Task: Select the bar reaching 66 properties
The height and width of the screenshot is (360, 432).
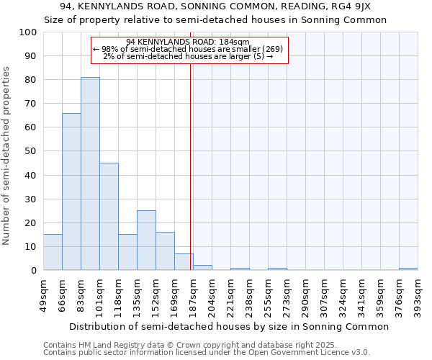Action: pyautogui.click(x=71, y=192)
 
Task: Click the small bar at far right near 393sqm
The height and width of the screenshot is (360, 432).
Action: pyautogui.click(x=408, y=269)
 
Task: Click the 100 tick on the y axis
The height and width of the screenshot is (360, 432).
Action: pyautogui.click(x=28, y=32)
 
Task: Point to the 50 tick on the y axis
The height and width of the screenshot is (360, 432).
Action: pyautogui.click(x=30, y=151)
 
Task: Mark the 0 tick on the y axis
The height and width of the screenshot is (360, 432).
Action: pyautogui.click(x=33, y=270)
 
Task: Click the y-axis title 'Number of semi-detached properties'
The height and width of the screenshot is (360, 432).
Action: pyautogui.click(x=7, y=155)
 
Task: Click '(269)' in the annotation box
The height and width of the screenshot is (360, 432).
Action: pyautogui.click(x=272, y=49)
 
